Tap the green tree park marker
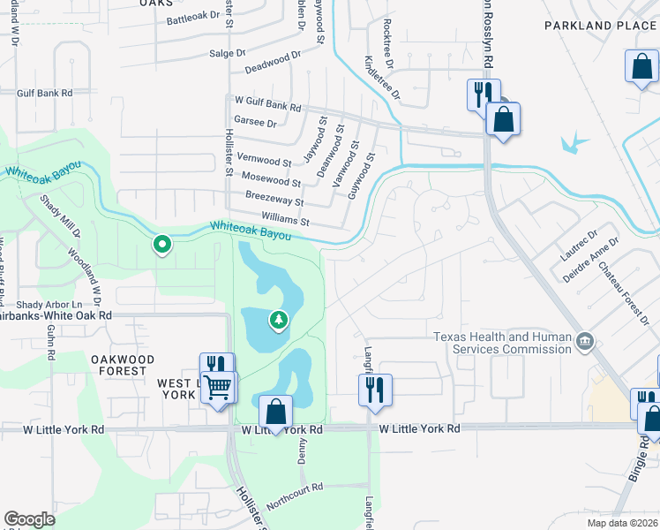(x=279, y=319)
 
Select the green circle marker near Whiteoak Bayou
(x=162, y=244)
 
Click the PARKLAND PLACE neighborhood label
(x=600, y=26)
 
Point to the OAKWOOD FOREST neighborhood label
(x=123, y=365)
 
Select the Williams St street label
(x=285, y=217)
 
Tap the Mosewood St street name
(x=272, y=178)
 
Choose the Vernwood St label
(x=264, y=162)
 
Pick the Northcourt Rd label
(x=295, y=487)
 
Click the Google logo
(x=30, y=519)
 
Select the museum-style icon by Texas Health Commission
(x=584, y=340)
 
